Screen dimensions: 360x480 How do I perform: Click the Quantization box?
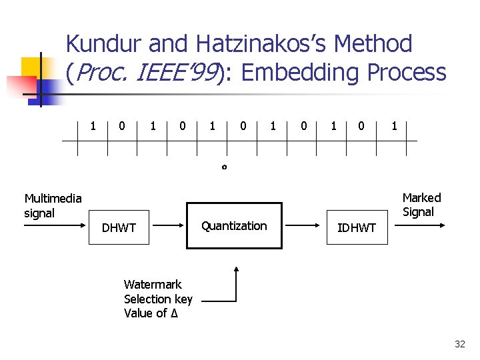pyautogui.click(x=234, y=226)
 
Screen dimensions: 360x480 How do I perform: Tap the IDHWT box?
pyautogui.click(x=356, y=228)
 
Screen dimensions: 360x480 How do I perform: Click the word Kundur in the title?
pyautogui.click(x=104, y=45)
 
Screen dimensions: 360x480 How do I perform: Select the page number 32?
pyautogui.click(x=459, y=344)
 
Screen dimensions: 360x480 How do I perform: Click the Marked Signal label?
pyautogui.click(x=421, y=205)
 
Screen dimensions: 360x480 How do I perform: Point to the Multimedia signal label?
pyautogui.click(x=53, y=205)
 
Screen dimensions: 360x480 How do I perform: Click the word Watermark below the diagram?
pyautogui.click(x=153, y=285)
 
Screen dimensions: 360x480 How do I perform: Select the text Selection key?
pyautogui.click(x=158, y=299)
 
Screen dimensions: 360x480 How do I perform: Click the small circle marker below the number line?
pyautogui.click(x=224, y=167)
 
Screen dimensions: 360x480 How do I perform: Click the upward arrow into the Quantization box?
pyautogui.click(x=235, y=283)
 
